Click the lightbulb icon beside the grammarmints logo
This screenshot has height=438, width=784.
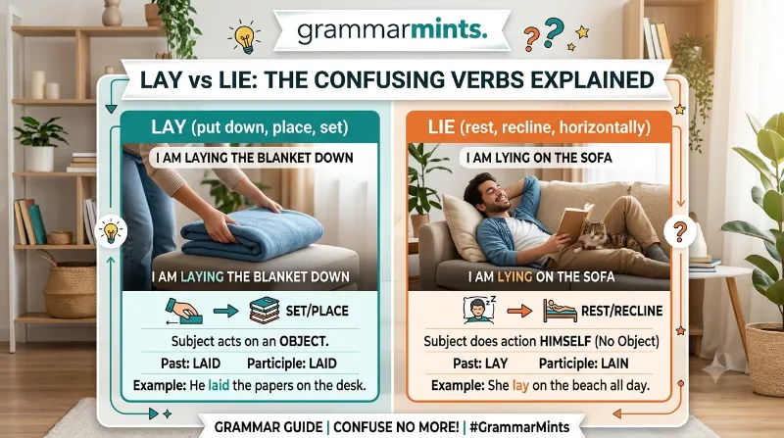click(x=245, y=37)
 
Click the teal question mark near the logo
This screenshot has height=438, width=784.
click(x=554, y=32)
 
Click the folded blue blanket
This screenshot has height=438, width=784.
click(x=252, y=233)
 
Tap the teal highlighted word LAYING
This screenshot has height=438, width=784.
click(x=202, y=276)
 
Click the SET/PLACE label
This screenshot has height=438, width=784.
click(x=317, y=311)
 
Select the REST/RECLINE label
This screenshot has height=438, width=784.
click(x=621, y=311)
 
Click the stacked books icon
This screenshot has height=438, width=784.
click(x=264, y=311)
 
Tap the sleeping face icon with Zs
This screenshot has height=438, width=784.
click(x=479, y=310)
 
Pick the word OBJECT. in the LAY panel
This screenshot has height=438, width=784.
click(x=304, y=342)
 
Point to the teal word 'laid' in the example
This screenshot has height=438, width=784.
click(x=219, y=385)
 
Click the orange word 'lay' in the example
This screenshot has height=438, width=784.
click(x=520, y=385)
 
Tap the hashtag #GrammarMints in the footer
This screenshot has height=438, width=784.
click(x=519, y=427)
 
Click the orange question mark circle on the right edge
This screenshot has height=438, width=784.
click(x=679, y=231)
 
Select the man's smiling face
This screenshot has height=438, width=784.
click(x=487, y=195)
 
